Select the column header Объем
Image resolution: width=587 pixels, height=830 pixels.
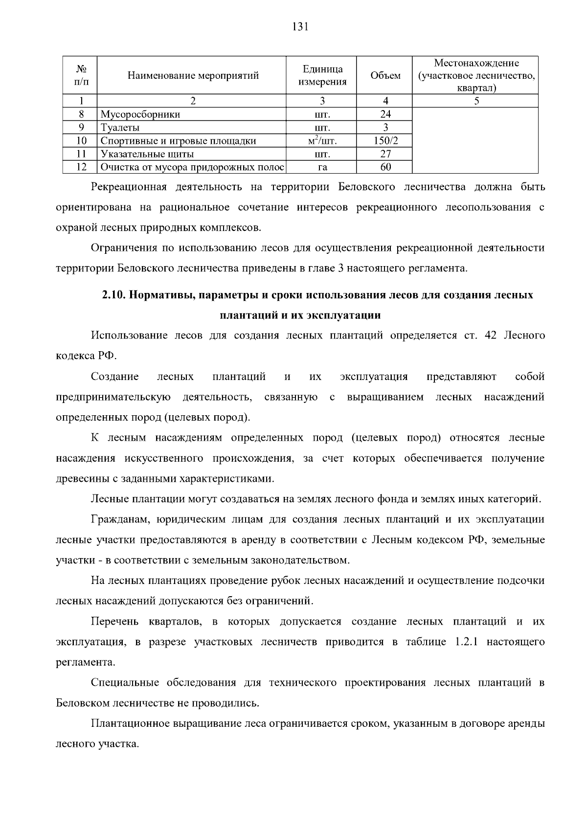pos(385,75)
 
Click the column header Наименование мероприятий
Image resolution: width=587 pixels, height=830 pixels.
pos(193,75)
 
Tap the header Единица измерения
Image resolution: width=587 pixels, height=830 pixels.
pos(322,75)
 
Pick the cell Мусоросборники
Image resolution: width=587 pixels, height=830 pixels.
pos(140,114)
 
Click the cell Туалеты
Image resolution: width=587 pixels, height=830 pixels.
pos(120,128)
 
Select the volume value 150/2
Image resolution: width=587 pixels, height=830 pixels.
pos(385,141)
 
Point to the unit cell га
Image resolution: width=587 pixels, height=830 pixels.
pos(322,167)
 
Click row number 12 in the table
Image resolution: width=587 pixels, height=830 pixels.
pos(81,167)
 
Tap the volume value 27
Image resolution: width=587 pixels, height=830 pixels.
pos(385,154)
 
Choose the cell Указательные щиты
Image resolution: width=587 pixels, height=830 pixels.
pos(147,154)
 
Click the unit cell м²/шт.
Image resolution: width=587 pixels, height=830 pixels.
pos(322,141)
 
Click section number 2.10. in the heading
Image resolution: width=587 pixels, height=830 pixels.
pos(114,295)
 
